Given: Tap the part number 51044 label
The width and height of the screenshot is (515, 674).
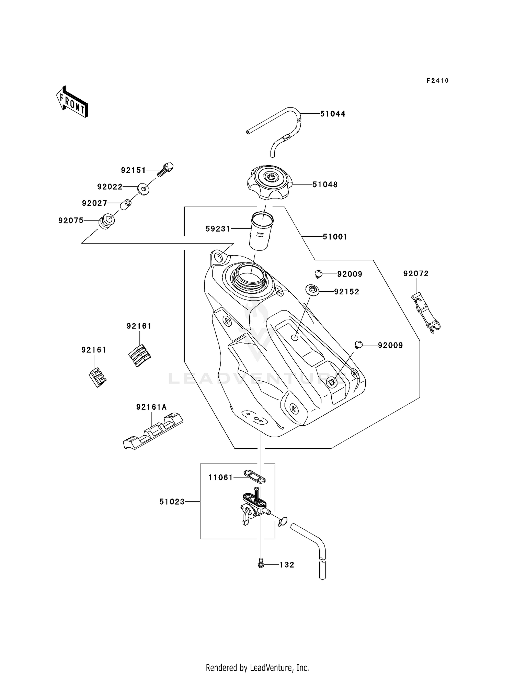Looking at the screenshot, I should click(x=332, y=114).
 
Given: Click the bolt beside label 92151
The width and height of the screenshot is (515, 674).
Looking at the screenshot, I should click(x=165, y=169).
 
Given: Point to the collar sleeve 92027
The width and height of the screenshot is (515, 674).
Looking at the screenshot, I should click(x=126, y=205).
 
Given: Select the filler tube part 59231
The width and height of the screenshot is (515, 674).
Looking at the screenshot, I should click(x=261, y=232).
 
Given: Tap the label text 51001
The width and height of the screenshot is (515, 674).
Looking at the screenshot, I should click(x=335, y=237).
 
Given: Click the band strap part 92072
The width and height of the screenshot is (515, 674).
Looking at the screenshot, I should click(x=425, y=312).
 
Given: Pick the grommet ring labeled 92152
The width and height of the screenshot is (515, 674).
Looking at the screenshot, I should click(x=312, y=290).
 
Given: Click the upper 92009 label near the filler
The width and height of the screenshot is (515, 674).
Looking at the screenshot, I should click(x=350, y=274).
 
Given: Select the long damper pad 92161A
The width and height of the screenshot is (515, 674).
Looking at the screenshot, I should click(x=153, y=431).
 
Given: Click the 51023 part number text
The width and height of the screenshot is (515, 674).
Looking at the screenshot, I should click(x=172, y=502).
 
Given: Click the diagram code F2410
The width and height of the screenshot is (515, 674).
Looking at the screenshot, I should click(x=437, y=81).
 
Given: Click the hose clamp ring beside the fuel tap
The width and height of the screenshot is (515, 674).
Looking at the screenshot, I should click(x=283, y=522).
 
